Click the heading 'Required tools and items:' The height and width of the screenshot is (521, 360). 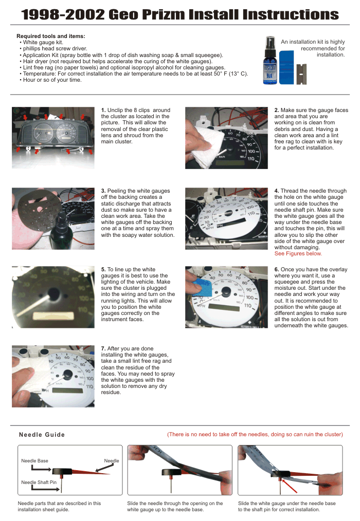point(51,36)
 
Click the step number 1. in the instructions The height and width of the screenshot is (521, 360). point(103,110)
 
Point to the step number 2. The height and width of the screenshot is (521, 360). point(277,110)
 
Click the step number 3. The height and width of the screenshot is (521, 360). point(103,191)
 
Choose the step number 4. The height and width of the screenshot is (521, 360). point(277,191)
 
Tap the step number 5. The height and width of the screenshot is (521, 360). point(103,269)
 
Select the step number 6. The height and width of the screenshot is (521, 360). point(277,269)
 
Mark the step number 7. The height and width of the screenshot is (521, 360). point(103,349)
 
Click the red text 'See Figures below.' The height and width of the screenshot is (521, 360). point(298,253)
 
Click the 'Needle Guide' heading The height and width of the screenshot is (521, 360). point(42,435)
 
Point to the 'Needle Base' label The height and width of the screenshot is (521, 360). point(34,461)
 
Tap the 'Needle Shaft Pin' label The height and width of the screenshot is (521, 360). point(39,482)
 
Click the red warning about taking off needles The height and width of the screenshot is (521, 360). point(255,434)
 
